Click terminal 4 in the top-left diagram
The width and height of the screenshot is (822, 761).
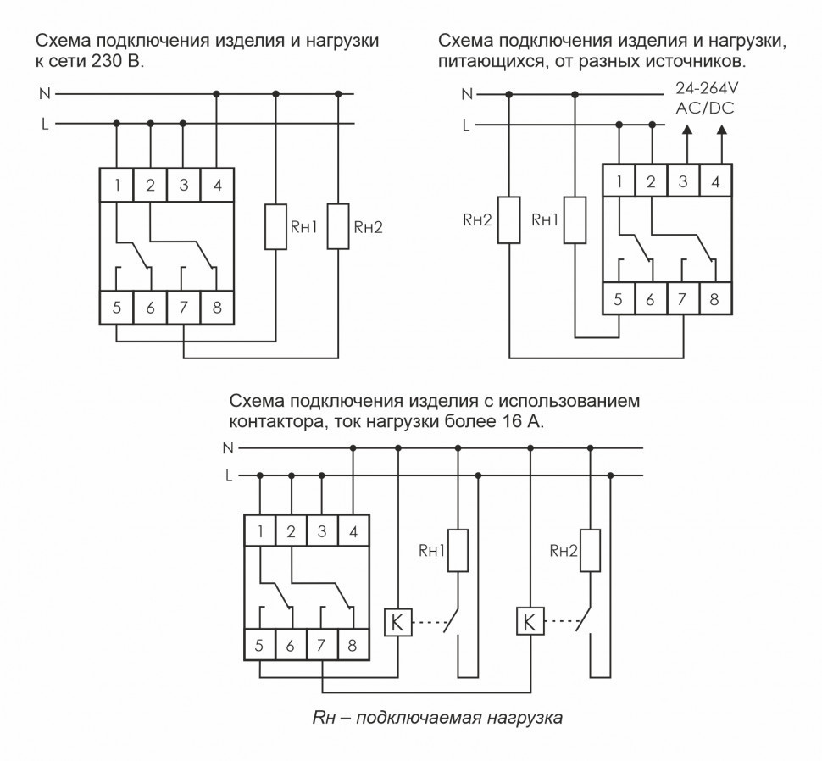click(218, 186)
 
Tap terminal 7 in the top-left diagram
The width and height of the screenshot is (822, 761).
click(184, 308)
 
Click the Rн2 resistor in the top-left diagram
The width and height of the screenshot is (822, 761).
click(339, 226)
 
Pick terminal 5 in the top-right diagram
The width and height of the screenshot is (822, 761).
click(619, 299)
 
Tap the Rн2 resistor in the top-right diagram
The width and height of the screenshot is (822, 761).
click(508, 220)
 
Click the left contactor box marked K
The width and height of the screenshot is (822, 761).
click(397, 623)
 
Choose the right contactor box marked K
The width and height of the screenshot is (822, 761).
click(529, 623)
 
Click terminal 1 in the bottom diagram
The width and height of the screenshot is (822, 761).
click(259, 532)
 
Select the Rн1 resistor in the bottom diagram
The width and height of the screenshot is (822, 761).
click(458, 551)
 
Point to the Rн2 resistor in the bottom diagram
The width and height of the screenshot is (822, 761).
click(590, 551)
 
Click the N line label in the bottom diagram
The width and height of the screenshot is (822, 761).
click(229, 447)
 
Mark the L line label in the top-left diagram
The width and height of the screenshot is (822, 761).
click(44, 124)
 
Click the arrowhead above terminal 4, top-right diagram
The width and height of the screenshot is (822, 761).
click(721, 130)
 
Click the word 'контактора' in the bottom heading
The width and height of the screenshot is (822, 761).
click(271, 419)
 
